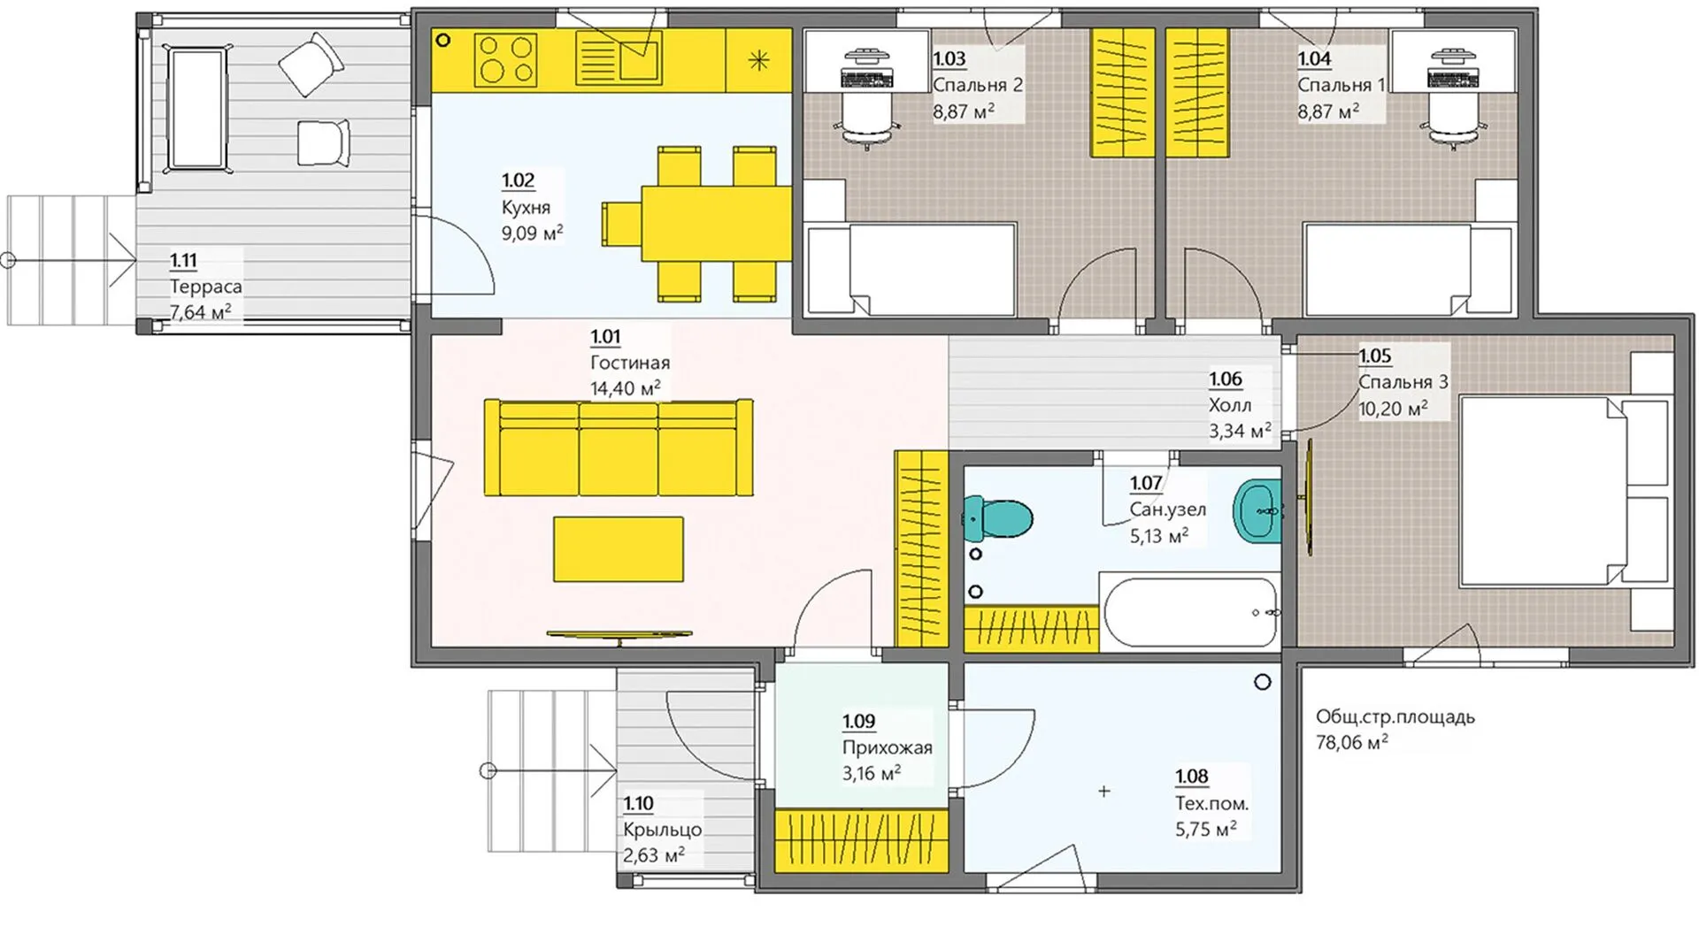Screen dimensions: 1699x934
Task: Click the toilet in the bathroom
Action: point(997,518)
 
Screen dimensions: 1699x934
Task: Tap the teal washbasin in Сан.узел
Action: point(1257,511)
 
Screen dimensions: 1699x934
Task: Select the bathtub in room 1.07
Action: point(1188,611)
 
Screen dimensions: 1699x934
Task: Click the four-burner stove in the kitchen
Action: point(505,59)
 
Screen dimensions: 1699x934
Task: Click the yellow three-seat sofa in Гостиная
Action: point(619,448)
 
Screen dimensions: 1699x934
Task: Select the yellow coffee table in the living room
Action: point(619,549)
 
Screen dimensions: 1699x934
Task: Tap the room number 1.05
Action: point(1375,356)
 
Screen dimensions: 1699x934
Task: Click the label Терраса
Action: point(205,287)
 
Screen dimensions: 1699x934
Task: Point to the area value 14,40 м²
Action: point(626,387)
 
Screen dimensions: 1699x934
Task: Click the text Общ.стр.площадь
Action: point(1395,716)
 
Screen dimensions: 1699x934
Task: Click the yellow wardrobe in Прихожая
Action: point(861,838)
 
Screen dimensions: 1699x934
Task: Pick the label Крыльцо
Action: point(662,830)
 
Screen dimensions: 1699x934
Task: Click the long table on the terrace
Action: point(196,109)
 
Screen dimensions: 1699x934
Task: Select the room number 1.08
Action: point(1192,777)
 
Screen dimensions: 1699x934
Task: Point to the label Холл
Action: point(1230,405)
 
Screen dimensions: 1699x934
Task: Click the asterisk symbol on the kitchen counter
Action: point(759,60)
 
